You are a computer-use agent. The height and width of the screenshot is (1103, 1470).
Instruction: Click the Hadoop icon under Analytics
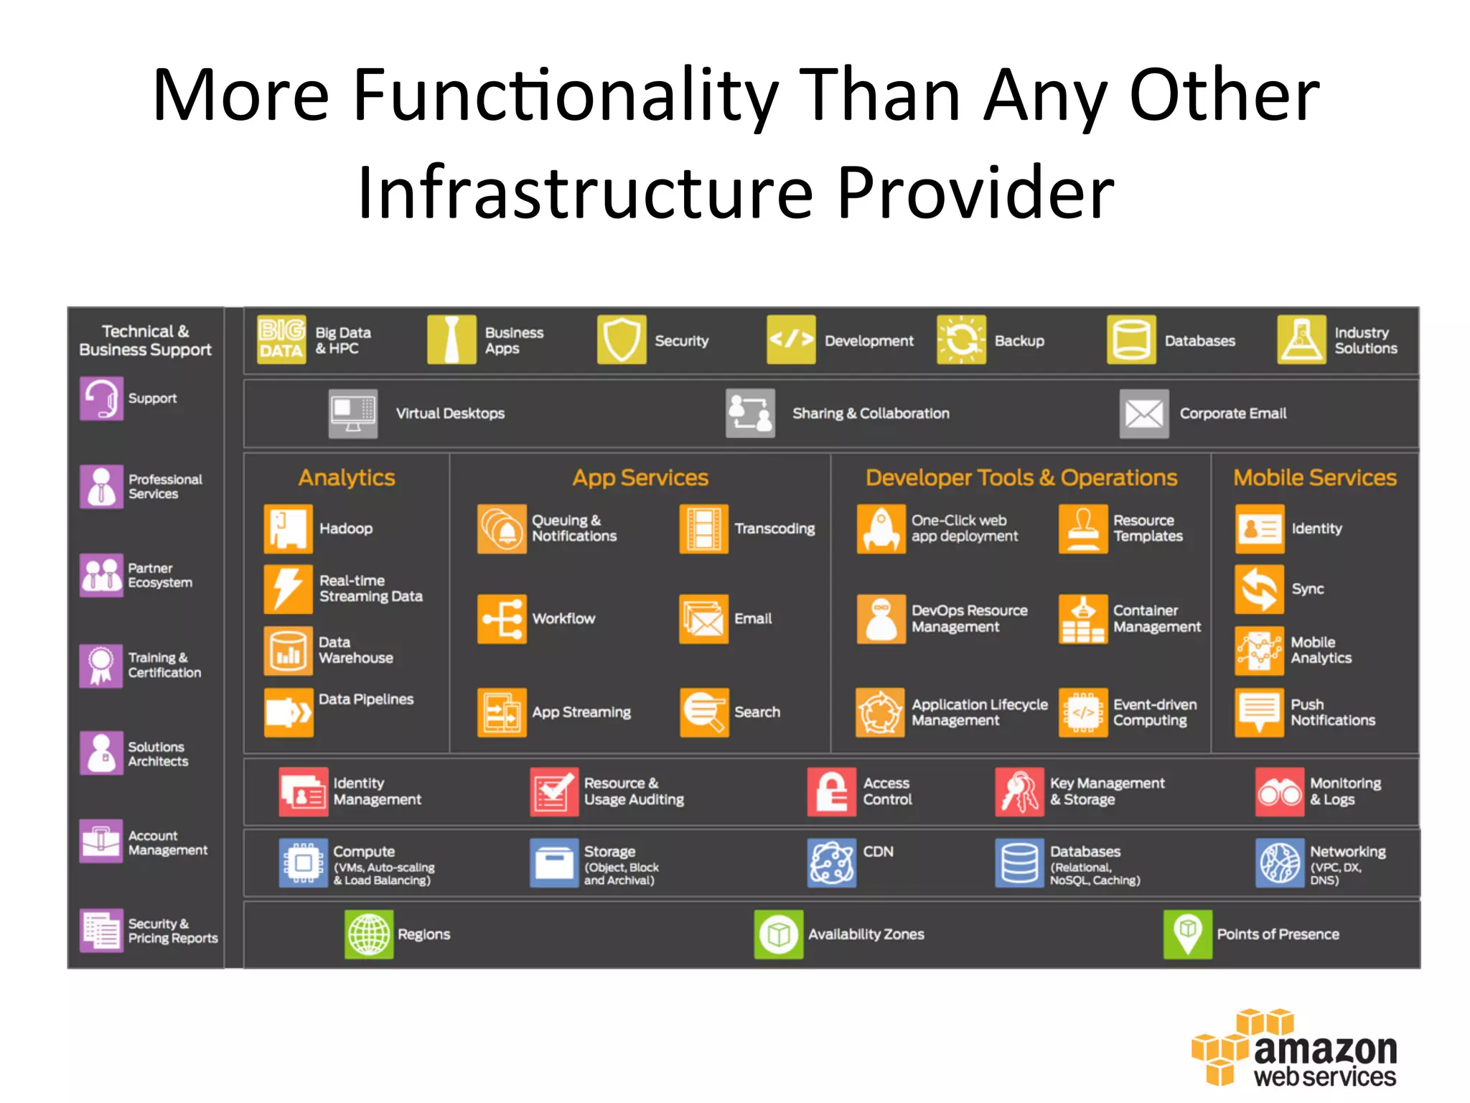[288, 529]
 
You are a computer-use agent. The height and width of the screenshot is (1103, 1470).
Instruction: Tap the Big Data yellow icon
[281, 340]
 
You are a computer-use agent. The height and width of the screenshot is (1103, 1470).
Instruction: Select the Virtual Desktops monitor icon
[352, 414]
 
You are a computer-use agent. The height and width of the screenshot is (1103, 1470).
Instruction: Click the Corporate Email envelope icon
[1143, 414]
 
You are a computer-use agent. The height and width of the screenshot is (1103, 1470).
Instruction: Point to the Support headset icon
[101, 398]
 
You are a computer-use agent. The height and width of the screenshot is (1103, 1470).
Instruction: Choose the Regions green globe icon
[369, 934]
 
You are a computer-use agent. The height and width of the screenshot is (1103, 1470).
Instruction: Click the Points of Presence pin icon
[1187, 934]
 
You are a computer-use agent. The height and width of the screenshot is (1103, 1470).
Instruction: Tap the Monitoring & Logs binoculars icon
[1279, 792]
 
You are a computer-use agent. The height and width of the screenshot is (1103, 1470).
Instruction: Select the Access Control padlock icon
[831, 792]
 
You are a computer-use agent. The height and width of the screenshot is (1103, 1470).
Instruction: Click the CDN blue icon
[831, 862]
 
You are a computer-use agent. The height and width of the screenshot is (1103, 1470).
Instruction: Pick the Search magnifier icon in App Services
[704, 712]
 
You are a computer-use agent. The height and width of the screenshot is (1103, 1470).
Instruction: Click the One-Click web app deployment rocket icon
[881, 529]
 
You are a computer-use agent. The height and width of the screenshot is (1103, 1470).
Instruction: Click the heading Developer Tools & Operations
[1021, 478]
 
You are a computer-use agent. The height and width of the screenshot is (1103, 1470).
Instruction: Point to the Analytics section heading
[347, 478]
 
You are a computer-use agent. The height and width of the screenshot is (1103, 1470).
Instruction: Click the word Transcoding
[774, 529]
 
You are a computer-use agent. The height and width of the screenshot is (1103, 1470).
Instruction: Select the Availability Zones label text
[866, 934]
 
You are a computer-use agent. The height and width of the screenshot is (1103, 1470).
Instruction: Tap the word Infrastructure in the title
[585, 192]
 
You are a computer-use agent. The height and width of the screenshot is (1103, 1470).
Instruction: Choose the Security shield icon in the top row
[621, 340]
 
